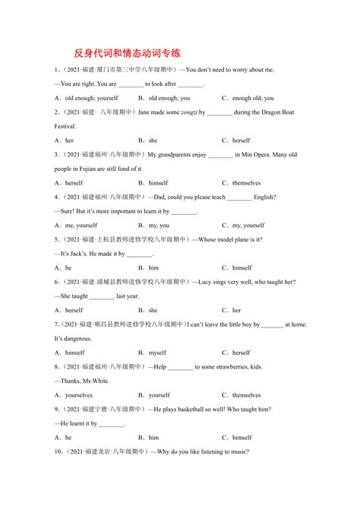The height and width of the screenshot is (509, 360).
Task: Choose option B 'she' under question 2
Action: pyautogui.click(x=153, y=141)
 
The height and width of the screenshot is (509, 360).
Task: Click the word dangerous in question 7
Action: pyautogui.click(x=71, y=339)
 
